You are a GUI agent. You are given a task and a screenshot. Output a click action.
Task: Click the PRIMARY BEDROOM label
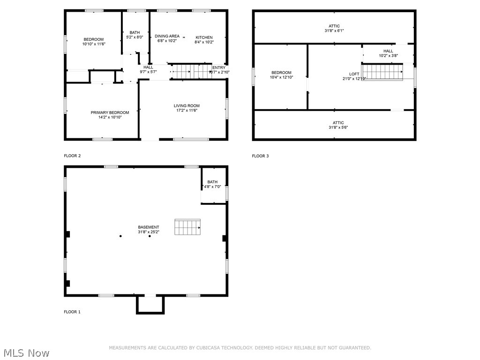coord(110,112)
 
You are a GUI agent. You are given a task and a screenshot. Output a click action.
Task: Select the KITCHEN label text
coord(204,37)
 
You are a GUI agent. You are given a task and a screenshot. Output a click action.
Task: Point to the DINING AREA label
coord(167,36)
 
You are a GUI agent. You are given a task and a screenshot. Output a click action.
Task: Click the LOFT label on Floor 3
coord(354,74)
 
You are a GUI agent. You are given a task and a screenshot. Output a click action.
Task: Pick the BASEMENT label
coord(149,227)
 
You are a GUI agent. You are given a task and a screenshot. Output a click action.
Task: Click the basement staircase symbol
coord(188,227)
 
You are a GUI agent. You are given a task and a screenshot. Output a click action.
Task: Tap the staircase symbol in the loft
coord(382,72)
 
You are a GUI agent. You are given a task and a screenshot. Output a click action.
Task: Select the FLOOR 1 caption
coord(72,312)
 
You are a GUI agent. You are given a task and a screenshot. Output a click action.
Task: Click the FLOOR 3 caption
coord(260,156)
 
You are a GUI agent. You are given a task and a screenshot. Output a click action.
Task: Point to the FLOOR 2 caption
coord(72,156)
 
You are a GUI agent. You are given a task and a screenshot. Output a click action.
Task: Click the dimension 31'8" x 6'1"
coord(334,31)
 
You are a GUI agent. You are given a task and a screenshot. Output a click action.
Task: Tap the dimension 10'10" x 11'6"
coord(94,44)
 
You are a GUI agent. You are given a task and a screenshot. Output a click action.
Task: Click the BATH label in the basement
coord(212,182)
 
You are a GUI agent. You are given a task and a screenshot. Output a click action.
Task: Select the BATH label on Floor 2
coord(135,32)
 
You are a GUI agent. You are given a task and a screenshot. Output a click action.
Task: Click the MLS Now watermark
coord(26,353)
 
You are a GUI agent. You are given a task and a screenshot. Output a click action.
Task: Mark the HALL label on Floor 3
coord(388,51)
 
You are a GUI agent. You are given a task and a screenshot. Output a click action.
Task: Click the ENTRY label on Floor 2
coord(219,67)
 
